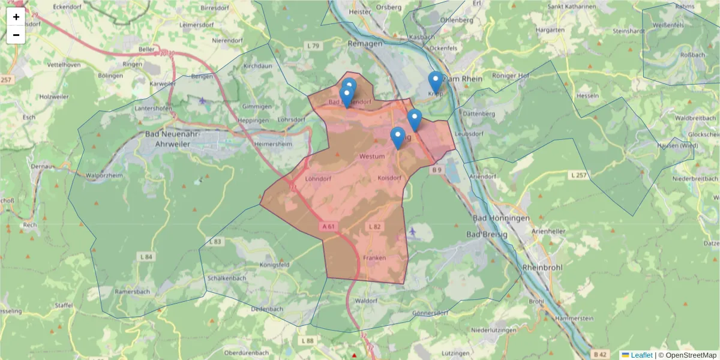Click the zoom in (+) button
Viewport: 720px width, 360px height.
pos(16,17)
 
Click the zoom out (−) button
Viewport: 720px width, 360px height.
pos(16,35)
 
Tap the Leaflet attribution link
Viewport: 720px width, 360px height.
pos(641,355)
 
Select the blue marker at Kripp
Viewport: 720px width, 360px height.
pos(436,82)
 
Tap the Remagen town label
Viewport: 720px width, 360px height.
pos(365,44)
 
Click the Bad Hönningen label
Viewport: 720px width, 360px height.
pos(501,218)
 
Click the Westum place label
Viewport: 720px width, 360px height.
pos(371,156)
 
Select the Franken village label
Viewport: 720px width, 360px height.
pos(374,257)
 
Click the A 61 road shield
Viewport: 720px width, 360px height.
pos(328,226)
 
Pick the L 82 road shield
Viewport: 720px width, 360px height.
pos(374,226)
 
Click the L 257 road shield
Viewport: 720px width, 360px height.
pos(577,174)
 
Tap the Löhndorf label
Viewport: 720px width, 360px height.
pos(318,179)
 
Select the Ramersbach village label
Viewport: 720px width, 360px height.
pos(131,291)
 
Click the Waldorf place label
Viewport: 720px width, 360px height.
pos(367,300)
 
